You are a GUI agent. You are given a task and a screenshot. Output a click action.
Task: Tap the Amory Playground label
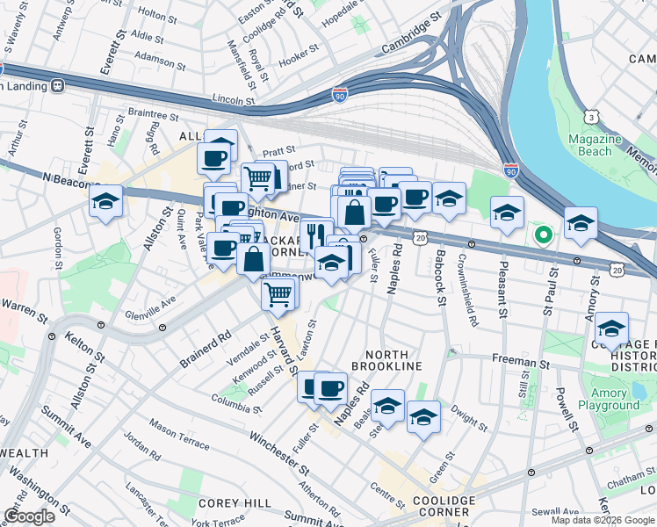pos(609,399)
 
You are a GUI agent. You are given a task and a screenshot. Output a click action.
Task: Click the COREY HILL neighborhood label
pos(226,503)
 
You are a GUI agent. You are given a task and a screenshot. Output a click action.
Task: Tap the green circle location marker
pos(543,235)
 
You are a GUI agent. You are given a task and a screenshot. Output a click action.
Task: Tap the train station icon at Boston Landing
pos(58,85)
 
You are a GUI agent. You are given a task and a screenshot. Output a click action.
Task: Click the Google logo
pos(29,516)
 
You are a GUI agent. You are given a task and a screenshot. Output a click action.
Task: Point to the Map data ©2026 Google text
pos(602,520)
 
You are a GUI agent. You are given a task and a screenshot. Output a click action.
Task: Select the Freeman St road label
pos(521,360)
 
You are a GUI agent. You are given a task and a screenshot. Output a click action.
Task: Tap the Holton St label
pos(159,15)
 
